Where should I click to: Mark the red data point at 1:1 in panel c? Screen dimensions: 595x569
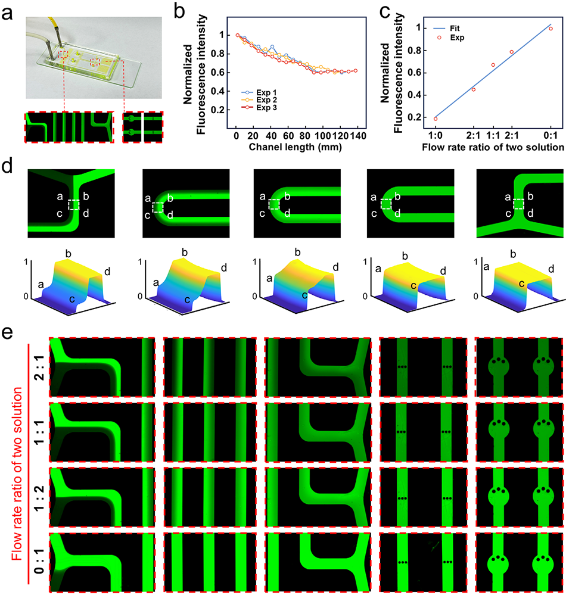(493, 64)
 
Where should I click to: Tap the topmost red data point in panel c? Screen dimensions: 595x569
(551, 29)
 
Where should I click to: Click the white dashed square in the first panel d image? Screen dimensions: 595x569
(74, 204)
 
